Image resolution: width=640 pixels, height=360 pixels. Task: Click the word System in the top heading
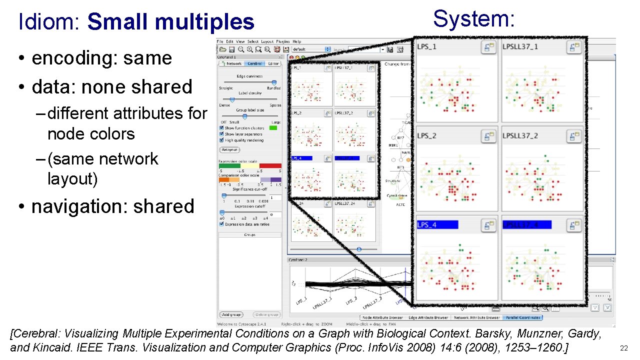(x=473, y=19)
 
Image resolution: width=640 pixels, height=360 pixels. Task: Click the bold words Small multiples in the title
(x=170, y=22)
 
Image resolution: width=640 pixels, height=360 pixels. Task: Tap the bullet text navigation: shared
(x=112, y=206)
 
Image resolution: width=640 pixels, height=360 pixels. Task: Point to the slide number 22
(x=623, y=348)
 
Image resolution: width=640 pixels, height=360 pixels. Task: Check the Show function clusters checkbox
(x=221, y=128)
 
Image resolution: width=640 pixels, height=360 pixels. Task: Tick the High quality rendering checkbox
(x=221, y=140)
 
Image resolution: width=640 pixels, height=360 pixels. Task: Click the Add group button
(x=231, y=314)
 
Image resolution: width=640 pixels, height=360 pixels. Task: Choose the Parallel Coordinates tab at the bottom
(x=523, y=317)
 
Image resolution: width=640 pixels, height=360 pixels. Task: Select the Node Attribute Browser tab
(x=382, y=317)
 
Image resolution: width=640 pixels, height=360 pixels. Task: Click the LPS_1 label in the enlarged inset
(x=427, y=46)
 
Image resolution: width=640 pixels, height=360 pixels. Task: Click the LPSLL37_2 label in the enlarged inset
(x=520, y=135)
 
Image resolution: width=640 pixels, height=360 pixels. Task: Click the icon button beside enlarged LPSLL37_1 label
(x=573, y=47)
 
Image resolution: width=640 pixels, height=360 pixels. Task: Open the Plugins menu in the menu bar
(x=282, y=41)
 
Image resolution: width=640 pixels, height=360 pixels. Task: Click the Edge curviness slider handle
(x=274, y=82)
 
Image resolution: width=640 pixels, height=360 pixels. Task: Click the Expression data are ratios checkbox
(x=221, y=224)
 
